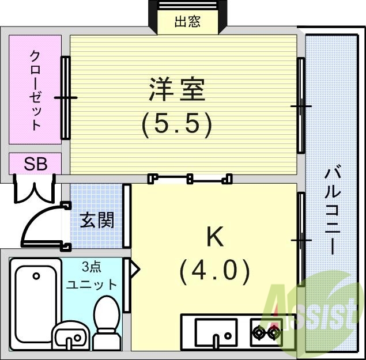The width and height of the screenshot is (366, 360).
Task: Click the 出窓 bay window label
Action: click(x=187, y=22)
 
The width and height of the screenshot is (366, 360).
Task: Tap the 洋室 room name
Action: click(x=177, y=89)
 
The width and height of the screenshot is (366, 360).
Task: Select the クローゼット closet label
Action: click(x=36, y=90)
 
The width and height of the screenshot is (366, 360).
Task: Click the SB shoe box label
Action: click(x=36, y=164)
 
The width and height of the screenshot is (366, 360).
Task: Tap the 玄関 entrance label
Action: click(x=97, y=220)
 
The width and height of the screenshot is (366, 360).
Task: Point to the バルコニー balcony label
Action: click(x=332, y=210)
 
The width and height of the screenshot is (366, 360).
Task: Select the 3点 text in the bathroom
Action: click(x=91, y=267)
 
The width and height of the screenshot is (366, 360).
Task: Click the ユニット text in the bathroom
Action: click(x=91, y=284)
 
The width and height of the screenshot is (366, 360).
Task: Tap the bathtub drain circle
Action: click(x=36, y=276)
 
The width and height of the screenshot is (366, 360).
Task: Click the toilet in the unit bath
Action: click(x=107, y=323)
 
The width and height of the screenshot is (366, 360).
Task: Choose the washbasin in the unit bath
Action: click(x=71, y=336)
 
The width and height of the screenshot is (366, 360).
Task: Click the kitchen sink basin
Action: click(x=216, y=332)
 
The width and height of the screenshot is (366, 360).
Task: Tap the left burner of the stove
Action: click(x=260, y=333)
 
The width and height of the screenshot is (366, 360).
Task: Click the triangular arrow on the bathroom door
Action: click(x=134, y=269)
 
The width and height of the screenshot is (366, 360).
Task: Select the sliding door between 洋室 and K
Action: click(x=190, y=179)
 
